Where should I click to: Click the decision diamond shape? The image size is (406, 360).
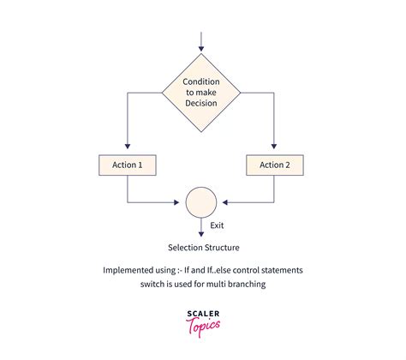click(201, 93)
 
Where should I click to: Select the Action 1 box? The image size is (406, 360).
click(128, 165)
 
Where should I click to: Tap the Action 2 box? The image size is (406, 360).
click(275, 165)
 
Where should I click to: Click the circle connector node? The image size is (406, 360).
click(201, 202)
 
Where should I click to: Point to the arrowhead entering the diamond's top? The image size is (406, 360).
click(201, 49)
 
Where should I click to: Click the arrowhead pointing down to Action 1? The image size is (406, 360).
click(128, 146)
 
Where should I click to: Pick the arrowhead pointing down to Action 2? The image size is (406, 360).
click(274, 146)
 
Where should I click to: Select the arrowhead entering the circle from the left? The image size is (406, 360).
click(176, 202)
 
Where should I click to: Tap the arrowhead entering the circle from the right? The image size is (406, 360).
click(225, 202)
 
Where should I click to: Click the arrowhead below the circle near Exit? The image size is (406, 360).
click(201, 234)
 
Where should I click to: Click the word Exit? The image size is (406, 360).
click(217, 225)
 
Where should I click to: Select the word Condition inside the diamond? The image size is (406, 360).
click(201, 81)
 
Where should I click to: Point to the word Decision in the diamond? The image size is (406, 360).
click(201, 103)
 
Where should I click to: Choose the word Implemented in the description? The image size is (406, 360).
click(124, 270)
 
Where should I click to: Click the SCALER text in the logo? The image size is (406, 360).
click(203, 314)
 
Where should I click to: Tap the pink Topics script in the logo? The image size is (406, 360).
click(203, 327)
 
